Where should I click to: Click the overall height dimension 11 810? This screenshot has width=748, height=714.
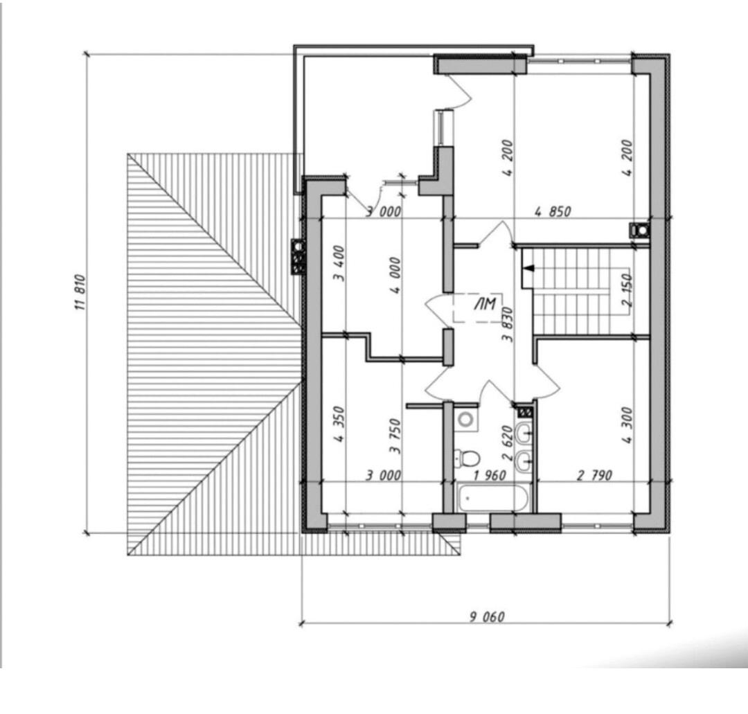(x=80, y=293)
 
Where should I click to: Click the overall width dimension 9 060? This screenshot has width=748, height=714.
(x=487, y=617)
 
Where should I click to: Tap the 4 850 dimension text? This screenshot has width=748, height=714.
(x=553, y=211)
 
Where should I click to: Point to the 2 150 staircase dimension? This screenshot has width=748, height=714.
(x=627, y=289)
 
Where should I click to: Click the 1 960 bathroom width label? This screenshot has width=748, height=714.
(x=490, y=475)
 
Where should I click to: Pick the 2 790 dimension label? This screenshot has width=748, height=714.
(x=594, y=475)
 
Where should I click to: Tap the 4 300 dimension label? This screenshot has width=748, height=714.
(x=627, y=425)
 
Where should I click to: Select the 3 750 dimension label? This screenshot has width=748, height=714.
(x=395, y=436)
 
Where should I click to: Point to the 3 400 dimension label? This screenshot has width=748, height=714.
(x=339, y=263)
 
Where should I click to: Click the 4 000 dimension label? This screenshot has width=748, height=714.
(x=395, y=275)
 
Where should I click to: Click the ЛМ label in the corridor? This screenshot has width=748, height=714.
(x=485, y=304)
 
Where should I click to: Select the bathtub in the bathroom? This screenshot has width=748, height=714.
(x=492, y=498)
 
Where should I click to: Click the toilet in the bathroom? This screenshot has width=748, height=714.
(x=467, y=458)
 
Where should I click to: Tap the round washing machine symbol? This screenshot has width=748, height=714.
(x=465, y=420)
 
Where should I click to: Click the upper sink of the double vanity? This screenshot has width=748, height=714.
(x=524, y=433)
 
